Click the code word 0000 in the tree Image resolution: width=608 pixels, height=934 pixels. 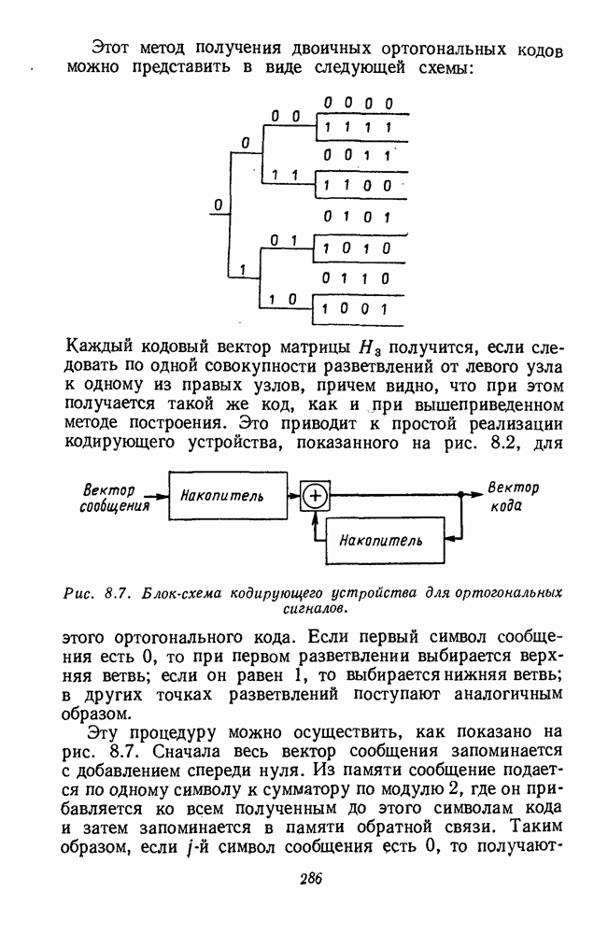357,104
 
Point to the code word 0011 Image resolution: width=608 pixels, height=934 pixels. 357,155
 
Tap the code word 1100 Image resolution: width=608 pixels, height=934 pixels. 357,186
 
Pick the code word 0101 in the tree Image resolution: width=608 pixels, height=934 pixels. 357,218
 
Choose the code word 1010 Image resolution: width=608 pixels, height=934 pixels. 357,249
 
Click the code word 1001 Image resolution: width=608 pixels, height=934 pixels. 357,307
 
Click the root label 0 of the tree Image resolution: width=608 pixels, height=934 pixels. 217,204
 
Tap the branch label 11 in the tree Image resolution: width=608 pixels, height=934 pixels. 285,175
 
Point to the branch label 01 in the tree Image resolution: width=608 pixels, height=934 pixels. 285,241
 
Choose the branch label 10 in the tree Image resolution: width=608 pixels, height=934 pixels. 285,300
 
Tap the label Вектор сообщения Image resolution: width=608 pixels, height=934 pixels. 115,498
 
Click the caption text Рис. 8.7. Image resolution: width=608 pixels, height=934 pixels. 95,592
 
